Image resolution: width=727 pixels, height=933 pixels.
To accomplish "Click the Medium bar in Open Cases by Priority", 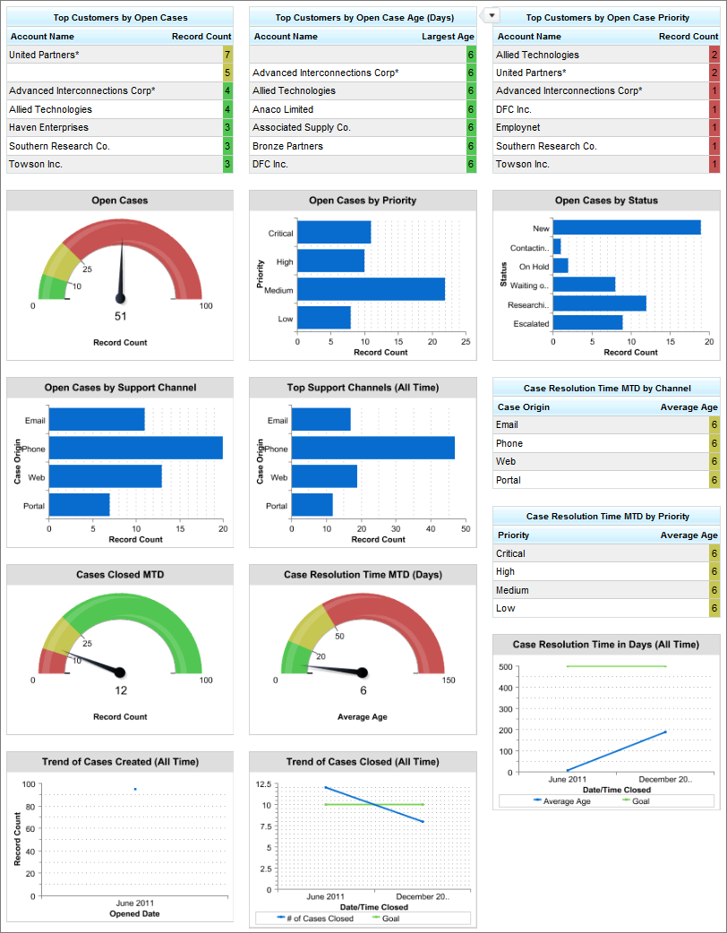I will coord(371,289).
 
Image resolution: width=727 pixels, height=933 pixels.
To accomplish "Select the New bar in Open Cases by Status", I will coord(627,228).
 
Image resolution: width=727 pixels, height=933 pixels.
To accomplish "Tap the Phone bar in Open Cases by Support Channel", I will coord(135,448).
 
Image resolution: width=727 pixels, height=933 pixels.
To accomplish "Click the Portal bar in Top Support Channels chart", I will coord(312,505).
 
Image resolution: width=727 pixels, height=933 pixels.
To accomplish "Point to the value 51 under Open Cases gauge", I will coord(120,316).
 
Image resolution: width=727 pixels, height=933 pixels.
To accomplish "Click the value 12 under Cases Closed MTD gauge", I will coord(120,690).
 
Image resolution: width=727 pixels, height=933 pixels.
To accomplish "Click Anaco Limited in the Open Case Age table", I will coord(283,109).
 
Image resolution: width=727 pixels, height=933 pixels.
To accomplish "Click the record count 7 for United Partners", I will coord(227,55).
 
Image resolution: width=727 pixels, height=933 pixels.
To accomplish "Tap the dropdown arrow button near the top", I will coord(491,15).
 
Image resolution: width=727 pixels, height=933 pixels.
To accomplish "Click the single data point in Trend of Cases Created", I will coord(135,789).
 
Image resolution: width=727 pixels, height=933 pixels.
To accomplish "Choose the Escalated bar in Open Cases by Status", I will coord(587,322).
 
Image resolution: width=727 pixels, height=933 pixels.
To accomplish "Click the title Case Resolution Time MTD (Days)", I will coord(363,575).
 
